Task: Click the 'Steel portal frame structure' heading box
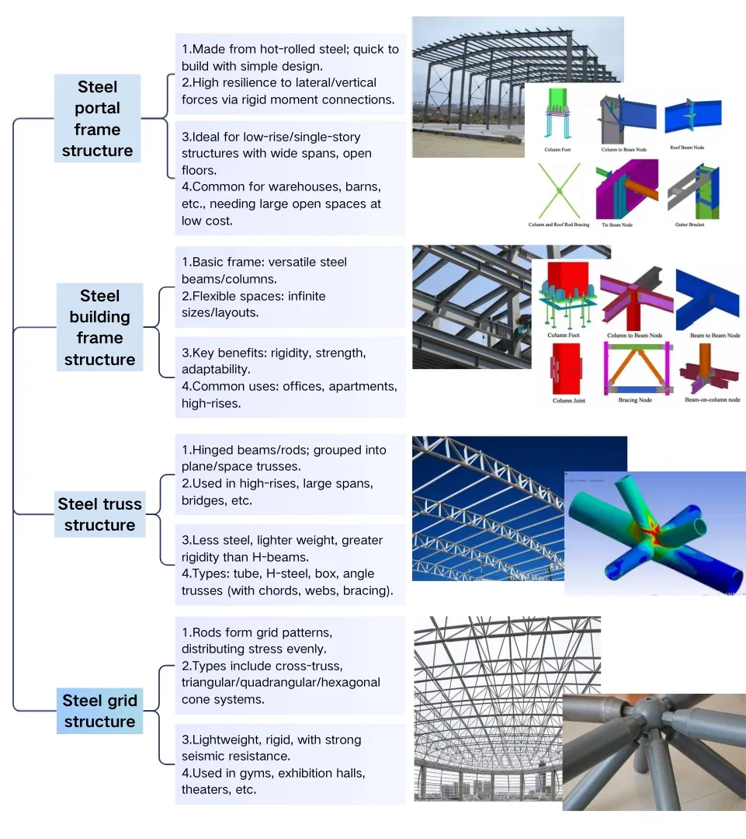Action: pos(97,118)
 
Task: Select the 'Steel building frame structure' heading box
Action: pos(99,327)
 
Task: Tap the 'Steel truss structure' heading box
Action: pos(99,514)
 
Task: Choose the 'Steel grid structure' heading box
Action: pos(99,711)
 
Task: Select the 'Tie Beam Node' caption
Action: pos(616,225)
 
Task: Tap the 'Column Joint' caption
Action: pos(568,401)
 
